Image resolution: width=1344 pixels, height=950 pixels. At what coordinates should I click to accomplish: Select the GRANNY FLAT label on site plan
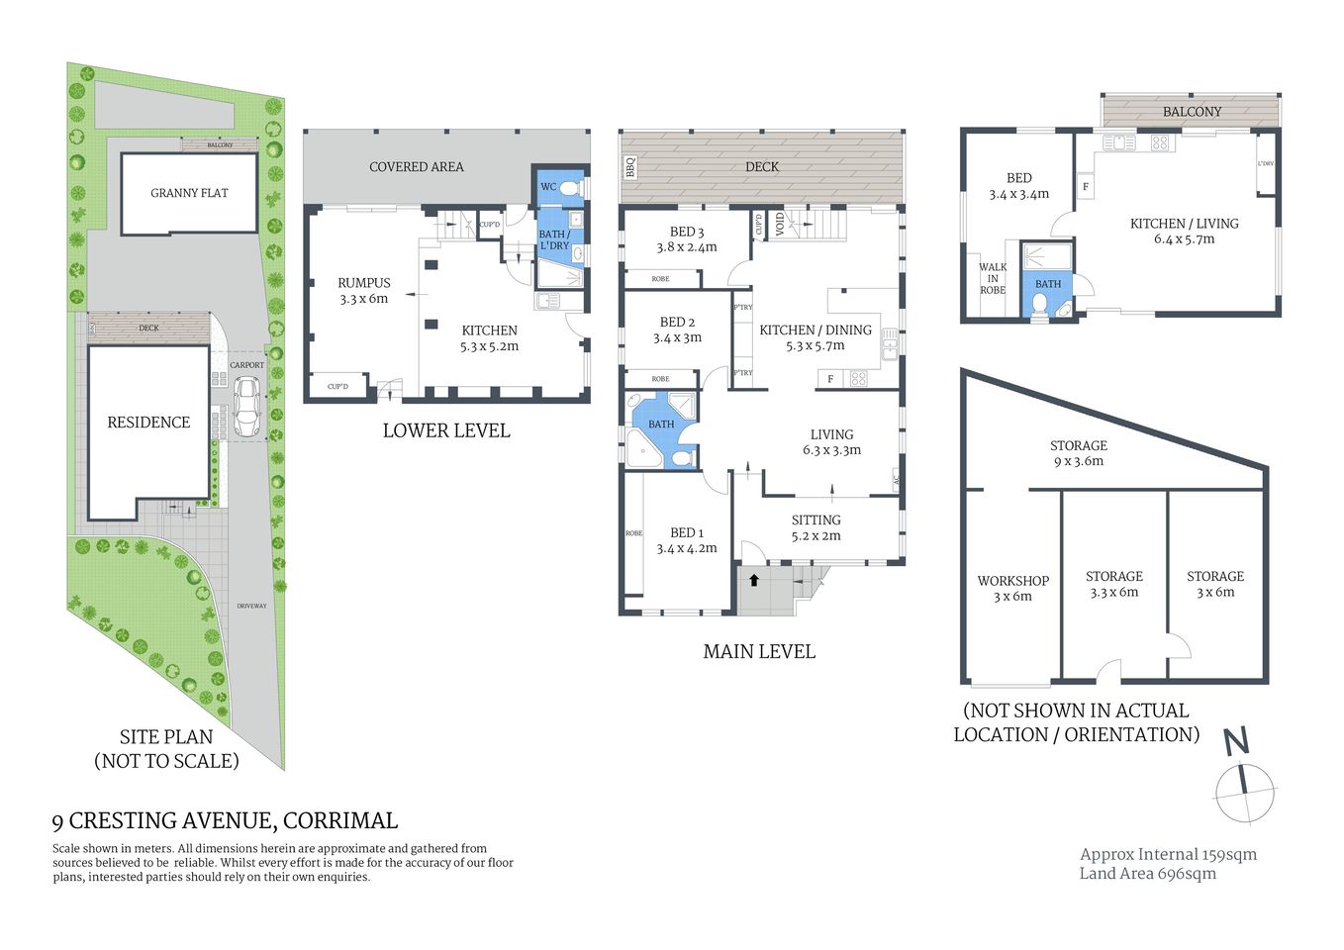pos(189,193)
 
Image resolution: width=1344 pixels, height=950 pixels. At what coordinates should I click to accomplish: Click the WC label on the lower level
pos(548,186)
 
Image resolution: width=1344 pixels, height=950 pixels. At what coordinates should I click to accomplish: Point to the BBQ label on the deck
pos(630,167)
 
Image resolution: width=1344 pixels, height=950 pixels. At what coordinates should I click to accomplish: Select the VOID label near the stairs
pos(780,225)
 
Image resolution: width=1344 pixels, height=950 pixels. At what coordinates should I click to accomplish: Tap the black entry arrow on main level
pos(754,580)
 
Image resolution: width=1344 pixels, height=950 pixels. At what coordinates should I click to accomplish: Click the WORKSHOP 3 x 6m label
pos(1012,589)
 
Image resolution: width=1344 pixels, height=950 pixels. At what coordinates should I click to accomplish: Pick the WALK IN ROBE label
pos(992,278)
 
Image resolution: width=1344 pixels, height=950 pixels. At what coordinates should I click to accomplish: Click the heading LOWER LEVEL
pos(446,430)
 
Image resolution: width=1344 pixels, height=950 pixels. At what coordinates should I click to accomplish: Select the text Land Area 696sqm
pos(1147,873)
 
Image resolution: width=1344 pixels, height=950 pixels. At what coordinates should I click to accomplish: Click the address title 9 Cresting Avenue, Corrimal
pos(225,820)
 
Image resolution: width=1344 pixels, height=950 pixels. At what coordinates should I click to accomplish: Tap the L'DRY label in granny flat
pos(1265,164)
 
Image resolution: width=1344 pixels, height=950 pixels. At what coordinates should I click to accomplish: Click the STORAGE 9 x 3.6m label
pos(1078,453)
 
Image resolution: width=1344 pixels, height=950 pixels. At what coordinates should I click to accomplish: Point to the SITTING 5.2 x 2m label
pos(816,527)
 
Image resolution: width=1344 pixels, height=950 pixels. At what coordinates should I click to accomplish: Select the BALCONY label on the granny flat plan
pos(1192,112)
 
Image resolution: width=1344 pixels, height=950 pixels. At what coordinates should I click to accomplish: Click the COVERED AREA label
pos(416,167)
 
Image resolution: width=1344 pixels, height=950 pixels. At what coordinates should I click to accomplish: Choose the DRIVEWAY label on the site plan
pos(251,606)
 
